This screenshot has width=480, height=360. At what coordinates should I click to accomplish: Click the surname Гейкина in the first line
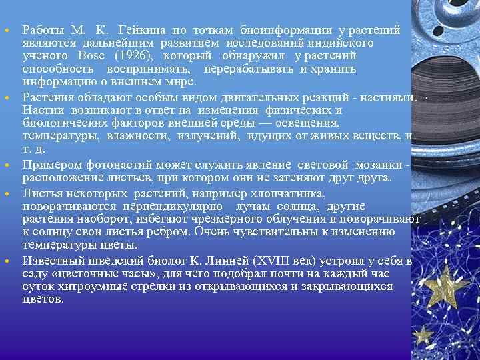[x=141, y=30]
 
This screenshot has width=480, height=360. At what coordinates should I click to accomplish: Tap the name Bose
[x=91, y=55]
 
